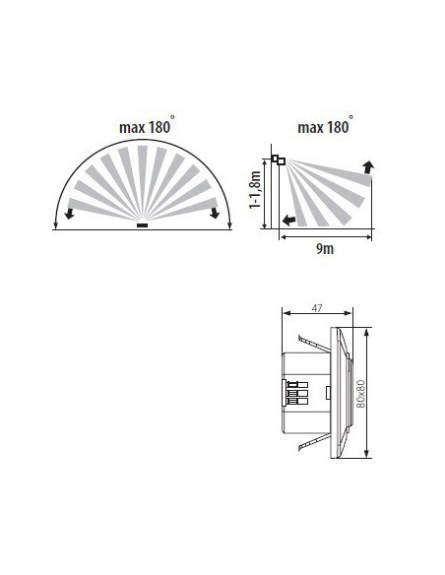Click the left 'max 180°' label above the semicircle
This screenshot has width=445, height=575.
click(147, 125)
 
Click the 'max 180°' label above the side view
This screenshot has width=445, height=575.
click(325, 125)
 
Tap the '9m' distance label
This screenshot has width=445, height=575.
click(325, 249)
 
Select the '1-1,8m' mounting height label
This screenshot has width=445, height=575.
click(255, 190)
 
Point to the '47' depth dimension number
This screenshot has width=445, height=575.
click(316, 308)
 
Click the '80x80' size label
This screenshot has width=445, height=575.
click(361, 394)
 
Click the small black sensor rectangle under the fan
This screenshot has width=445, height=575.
click(142, 225)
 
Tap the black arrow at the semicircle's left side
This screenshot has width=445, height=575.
click(69, 214)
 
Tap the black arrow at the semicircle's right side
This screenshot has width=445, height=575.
click(214, 213)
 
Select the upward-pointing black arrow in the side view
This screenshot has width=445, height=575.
click(368, 166)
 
